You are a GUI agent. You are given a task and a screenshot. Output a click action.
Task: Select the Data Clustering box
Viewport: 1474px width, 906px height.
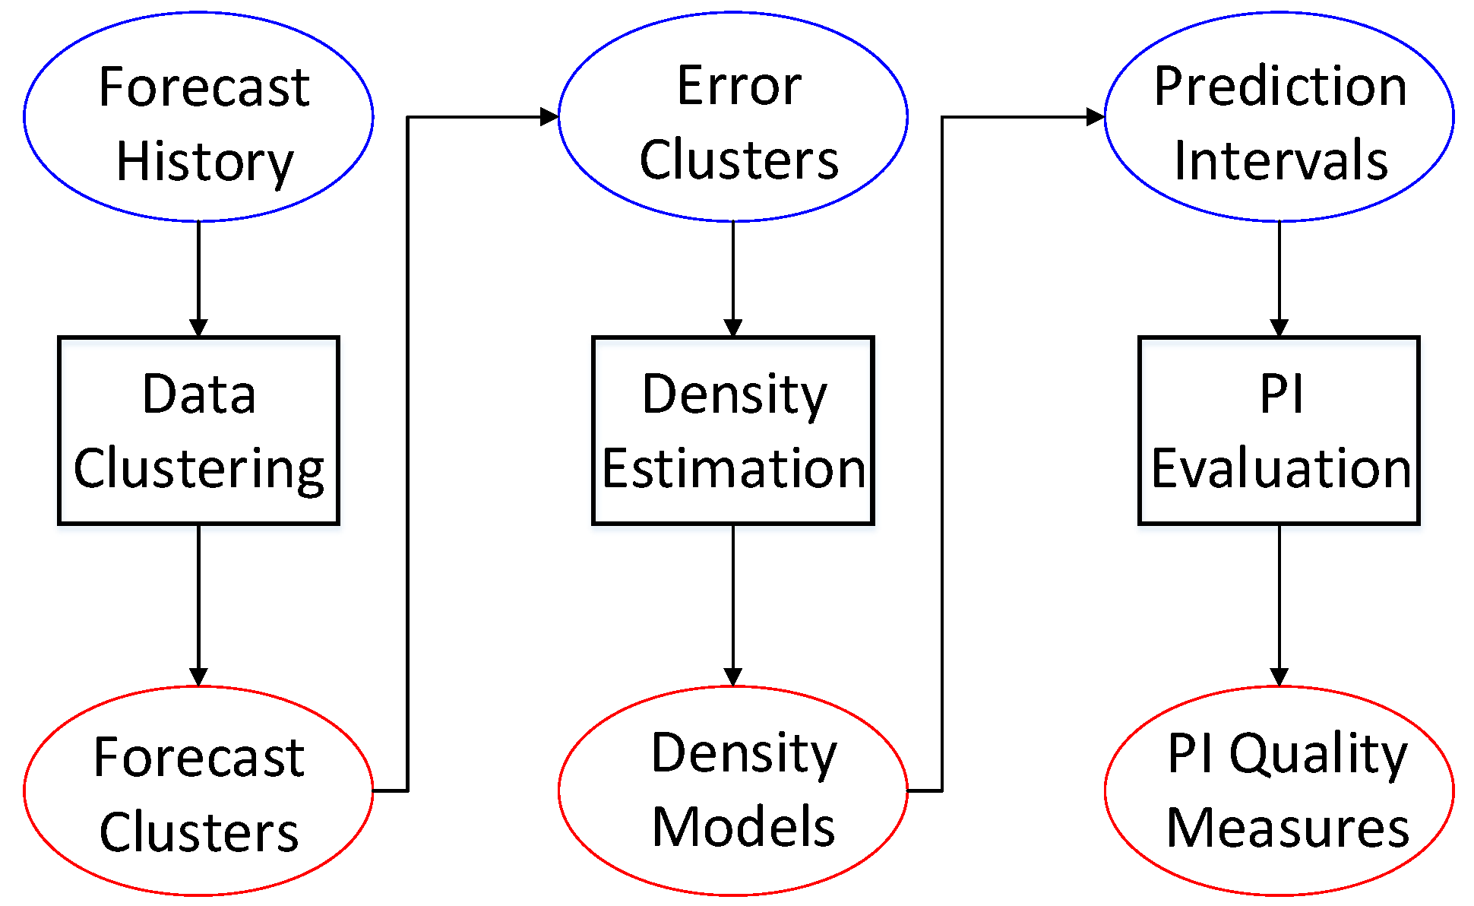(x=198, y=430)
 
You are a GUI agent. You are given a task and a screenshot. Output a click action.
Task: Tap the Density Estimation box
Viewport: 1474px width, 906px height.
(x=732, y=430)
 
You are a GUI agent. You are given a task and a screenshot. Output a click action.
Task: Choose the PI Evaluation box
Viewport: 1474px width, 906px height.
(x=1279, y=430)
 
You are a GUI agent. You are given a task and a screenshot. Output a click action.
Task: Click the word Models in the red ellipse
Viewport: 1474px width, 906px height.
(x=743, y=827)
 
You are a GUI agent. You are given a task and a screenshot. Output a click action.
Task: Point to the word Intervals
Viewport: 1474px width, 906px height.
(x=1281, y=161)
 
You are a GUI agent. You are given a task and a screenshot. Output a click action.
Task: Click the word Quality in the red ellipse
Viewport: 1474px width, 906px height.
(x=1318, y=754)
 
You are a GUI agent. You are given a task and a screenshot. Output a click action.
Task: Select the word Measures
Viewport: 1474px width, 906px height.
(x=1288, y=828)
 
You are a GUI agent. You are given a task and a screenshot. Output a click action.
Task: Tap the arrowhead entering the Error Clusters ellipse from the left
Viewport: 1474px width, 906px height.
(x=549, y=117)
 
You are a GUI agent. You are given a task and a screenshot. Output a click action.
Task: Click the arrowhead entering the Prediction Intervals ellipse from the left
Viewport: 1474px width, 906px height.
(x=1095, y=117)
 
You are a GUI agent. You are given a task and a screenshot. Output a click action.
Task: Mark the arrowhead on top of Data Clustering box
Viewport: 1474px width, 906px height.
(x=198, y=328)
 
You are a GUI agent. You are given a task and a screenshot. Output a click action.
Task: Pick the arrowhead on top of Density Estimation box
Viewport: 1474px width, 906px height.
(x=732, y=328)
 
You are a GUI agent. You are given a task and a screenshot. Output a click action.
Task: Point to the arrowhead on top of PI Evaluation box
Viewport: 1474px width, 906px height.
(x=1279, y=328)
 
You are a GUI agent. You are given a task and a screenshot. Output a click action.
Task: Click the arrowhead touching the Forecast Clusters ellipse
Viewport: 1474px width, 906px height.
(x=198, y=676)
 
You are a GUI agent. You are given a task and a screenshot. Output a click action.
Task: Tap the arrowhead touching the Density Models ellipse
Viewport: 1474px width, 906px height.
(x=732, y=676)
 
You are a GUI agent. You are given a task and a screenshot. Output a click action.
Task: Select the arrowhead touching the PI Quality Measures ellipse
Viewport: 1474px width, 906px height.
(x=1279, y=676)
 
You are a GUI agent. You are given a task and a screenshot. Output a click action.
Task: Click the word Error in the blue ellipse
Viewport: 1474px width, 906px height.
(x=739, y=86)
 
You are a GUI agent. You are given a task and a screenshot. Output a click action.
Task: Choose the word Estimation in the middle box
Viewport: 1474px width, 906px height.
(x=733, y=468)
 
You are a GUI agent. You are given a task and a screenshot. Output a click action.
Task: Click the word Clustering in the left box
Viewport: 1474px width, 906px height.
(x=199, y=469)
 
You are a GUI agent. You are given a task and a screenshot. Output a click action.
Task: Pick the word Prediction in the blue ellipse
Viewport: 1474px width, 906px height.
(x=1280, y=86)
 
